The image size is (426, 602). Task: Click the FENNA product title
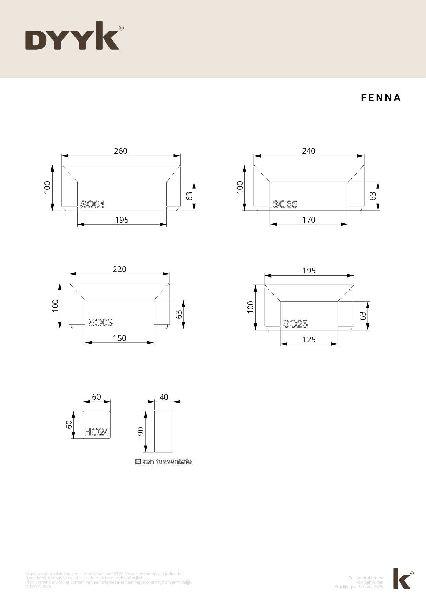(x=381, y=98)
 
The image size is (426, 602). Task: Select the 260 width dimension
(x=120, y=151)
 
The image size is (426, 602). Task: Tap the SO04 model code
(x=92, y=204)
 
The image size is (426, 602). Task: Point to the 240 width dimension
(x=309, y=151)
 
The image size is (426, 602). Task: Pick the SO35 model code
(x=285, y=204)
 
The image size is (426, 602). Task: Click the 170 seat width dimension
(x=309, y=220)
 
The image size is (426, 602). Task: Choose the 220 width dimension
(x=119, y=269)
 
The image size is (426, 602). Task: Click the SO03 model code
(x=100, y=323)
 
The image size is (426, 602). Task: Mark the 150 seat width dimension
(x=119, y=338)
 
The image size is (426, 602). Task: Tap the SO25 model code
(x=295, y=324)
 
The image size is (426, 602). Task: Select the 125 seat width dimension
(x=309, y=340)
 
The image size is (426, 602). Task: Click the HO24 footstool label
(x=97, y=432)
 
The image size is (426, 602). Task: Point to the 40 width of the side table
(x=164, y=397)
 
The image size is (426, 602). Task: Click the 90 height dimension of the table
(x=140, y=432)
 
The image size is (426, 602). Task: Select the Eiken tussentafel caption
(x=164, y=462)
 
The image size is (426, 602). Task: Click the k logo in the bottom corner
(x=402, y=578)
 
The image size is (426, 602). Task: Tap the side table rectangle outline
(x=164, y=432)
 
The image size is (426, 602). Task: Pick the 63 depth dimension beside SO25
(x=363, y=316)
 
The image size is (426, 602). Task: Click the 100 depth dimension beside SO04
(x=47, y=187)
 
